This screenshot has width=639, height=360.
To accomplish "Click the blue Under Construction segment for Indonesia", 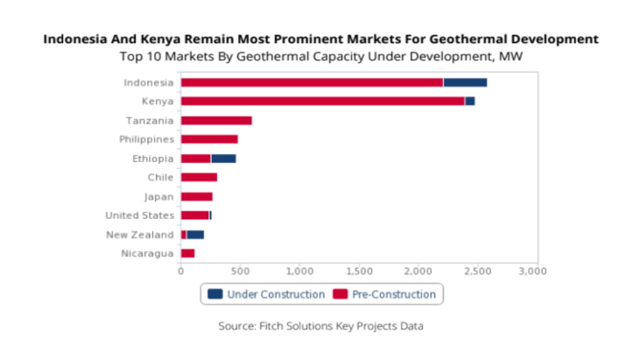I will pyautogui.click(x=465, y=82).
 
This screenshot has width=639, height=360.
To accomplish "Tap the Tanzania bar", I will pyautogui.click(x=216, y=120).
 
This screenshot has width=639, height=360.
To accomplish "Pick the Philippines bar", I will pyautogui.click(x=209, y=139).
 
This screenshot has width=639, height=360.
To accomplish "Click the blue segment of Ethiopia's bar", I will pyautogui.click(x=223, y=159).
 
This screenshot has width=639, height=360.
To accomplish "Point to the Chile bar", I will pyautogui.click(x=199, y=177).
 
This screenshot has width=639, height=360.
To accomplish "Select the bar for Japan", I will pyautogui.click(x=197, y=196).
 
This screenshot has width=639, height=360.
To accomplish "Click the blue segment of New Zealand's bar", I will pyautogui.click(x=195, y=234).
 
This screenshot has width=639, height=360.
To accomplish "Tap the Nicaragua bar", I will pyautogui.click(x=187, y=253).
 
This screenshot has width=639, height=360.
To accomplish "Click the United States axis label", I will pyautogui.click(x=140, y=215).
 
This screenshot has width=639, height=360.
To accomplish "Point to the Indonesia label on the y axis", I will pyautogui.click(x=149, y=82).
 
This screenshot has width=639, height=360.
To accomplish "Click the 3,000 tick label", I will pyautogui.click(x=533, y=271).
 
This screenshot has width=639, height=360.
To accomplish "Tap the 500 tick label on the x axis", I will pyautogui.click(x=240, y=271).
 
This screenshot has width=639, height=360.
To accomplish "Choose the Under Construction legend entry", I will pyautogui.click(x=266, y=294).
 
